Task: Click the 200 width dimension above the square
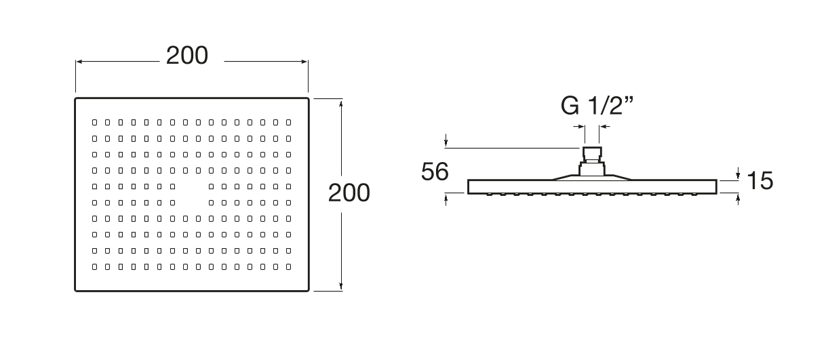pyautogui.click(x=187, y=56)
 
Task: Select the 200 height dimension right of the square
pyautogui.click(x=349, y=193)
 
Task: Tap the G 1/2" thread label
pyautogui.click(x=597, y=106)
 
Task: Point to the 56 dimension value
pyautogui.click(x=435, y=172)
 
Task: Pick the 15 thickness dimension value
pyautogui.click(x=760, y=181)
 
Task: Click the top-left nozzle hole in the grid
pyautogui.click(x=94, y=123)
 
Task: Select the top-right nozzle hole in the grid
pyautogui.click(x=288, y=123)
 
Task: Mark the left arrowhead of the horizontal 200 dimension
pyautogui.click(x=79, y=62)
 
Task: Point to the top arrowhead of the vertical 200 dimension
pyautogui.click(x=340, y=102)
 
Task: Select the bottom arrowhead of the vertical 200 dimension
pyautogui.click(x=340, y=287)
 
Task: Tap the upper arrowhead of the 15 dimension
pyautogui.click(x=738, y=176)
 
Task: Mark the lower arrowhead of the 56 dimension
pyautogui.click(x=446, y=197)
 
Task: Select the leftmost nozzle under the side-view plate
pyautogui.click(x=489, y=195)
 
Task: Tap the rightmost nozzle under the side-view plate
pyautogui.click(x=694, y=195)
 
